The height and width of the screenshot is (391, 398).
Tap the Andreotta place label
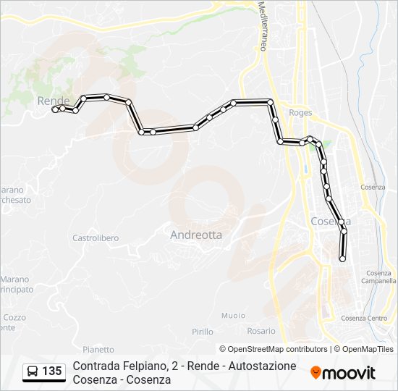pyautogui.click(x=196, y=235)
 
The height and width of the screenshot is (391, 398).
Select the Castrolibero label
pyautogui.click(x=96, y=237)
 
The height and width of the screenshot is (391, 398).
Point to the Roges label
pyautogui.click(x=300, y=113)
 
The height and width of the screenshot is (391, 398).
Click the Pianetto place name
pyautogui.click(x=98, y=349)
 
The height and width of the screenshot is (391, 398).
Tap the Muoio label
pyautogui.click(x=233, y=315)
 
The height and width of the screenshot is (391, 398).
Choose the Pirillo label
pyautogui.click(x=203, y=331)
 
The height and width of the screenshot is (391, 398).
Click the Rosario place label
pyautogui.click(x=261, y=331)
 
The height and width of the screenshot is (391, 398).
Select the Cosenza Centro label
pyautogui.click(x=364, y=318)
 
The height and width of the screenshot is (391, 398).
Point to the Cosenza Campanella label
pyautogui.click(x=378, y=277)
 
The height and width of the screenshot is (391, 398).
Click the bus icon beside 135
pyautogui.click(x=33, y=371)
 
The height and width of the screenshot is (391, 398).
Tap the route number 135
pyautogui.click(x=52, y=371)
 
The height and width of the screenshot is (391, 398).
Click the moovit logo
pyautogui.click(x=343, y=373)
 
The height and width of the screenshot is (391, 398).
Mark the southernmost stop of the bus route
pyautogui.click(x=342, y=258)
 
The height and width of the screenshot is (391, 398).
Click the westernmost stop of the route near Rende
pyautogui.click(x=54, y=110)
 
